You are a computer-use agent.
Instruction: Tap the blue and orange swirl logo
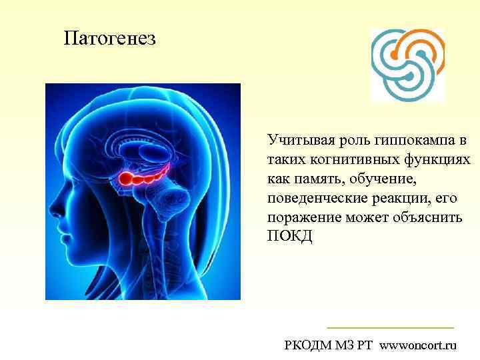point(407,64)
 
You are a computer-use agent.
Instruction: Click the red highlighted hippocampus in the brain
point(141,177)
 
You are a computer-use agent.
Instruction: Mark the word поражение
point(301,218)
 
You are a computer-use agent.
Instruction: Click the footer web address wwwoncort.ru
point(419,345)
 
